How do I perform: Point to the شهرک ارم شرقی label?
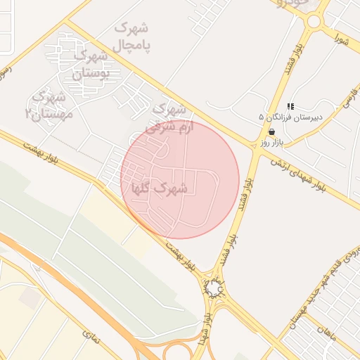click(167, 118)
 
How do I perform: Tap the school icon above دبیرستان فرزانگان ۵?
click(290, 106)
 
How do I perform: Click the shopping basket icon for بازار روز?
click(271, 131)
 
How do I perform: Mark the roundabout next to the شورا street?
click(313, 20)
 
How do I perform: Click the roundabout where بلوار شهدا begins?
click(214, 288)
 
